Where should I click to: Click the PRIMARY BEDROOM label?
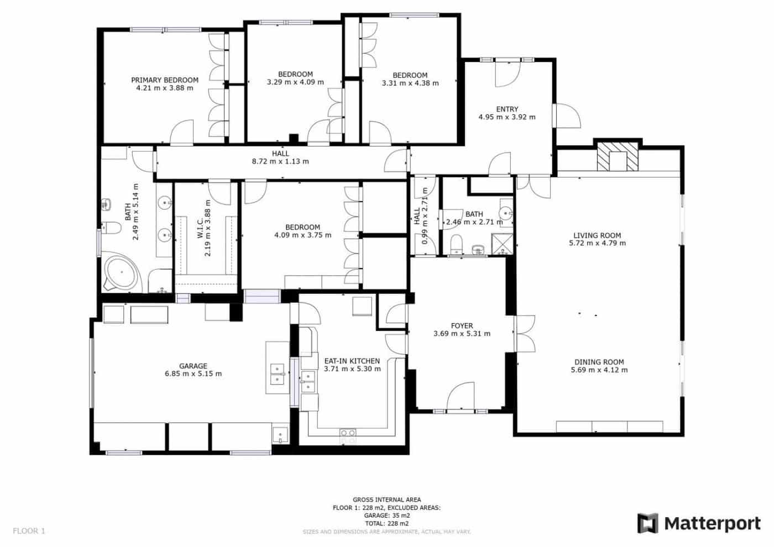(164, 80)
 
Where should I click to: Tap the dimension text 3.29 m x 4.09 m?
(295, 82)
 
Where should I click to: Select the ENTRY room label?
(507, 109)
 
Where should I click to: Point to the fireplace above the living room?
(616, 157)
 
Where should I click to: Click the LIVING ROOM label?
(597, 235)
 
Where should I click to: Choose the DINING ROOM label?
(599, 362)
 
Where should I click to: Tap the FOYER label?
(462, 325)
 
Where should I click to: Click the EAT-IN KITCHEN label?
(352, 361)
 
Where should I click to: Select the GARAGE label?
(193, 366)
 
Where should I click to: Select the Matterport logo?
(699, 523)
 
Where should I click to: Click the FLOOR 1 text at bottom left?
(29, 531)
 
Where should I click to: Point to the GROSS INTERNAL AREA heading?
(386, 499)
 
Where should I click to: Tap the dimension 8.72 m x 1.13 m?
(280, 161)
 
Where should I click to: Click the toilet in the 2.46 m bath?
(457, 243)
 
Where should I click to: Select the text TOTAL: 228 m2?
(386, 523)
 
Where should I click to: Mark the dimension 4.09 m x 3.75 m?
(302, 235)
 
